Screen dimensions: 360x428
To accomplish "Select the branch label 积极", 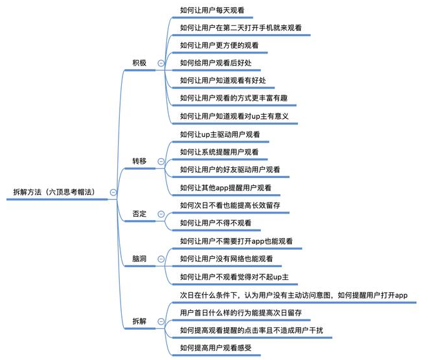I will click(x=139, y=63).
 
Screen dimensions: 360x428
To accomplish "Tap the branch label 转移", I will click(x=139, y=161).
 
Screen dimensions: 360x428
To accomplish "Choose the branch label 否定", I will click(x=139, y=214).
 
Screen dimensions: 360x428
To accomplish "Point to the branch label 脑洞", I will click(x=139, y=259).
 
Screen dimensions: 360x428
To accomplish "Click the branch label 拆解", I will click(x=139, y=321).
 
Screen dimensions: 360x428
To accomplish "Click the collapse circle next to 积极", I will click(x=160, y=63).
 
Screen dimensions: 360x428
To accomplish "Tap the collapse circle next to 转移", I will click(x=160, y=161).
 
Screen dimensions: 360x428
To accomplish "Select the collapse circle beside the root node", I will click(x=113, y=192).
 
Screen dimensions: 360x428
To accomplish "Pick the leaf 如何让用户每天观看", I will click(x=216, y=10).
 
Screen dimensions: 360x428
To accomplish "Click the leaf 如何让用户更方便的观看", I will click(x=220, y=45).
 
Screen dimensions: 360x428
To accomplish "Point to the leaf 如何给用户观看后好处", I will click(x=220, y=63).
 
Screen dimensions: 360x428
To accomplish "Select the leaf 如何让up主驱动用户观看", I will click(x=220, y=134).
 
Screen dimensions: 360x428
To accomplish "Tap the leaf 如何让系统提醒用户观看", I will click(x=220, y=152).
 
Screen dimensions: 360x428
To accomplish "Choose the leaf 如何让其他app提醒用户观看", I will click(x=226, y=188).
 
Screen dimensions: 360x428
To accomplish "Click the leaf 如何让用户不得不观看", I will click(x=216, y=223).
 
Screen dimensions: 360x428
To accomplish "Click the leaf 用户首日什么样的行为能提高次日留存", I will click(x=242, y=312).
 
